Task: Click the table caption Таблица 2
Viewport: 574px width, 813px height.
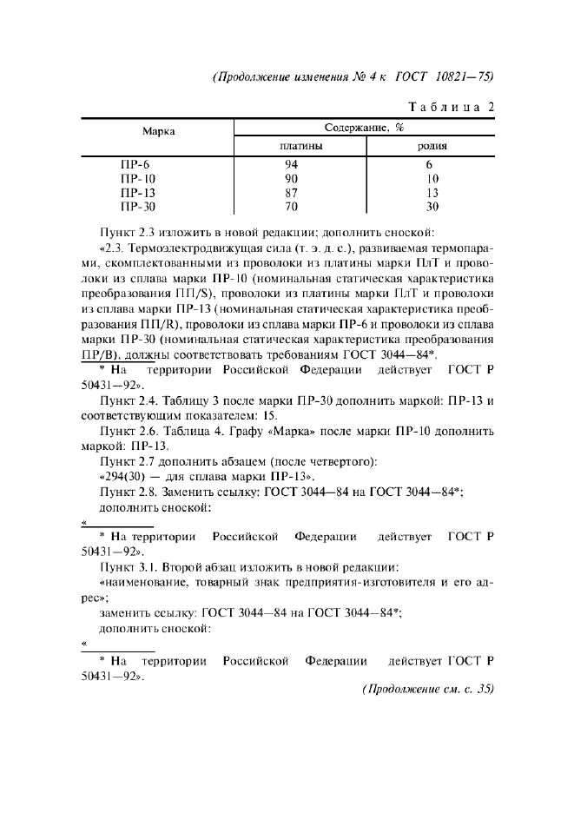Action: [x=450, y=107]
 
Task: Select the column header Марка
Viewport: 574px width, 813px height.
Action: [x=157, y=131]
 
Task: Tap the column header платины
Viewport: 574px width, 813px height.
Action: [x=295, y=146]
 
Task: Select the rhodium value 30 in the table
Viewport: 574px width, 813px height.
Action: [x=432, y=207]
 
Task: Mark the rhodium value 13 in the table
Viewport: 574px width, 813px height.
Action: [x=432, y=192]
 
